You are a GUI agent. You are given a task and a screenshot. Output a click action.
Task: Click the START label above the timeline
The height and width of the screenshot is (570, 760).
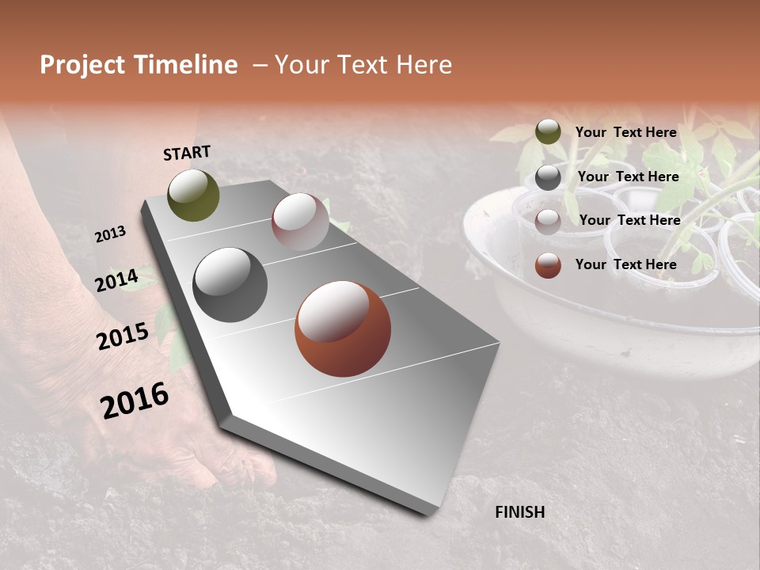point(187,153)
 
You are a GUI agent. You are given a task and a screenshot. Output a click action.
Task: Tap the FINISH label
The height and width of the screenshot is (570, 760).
point(519,512)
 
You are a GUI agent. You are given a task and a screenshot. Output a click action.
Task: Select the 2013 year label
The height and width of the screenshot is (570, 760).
point(110,234)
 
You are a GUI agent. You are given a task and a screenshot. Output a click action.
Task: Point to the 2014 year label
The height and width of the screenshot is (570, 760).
point(116,280)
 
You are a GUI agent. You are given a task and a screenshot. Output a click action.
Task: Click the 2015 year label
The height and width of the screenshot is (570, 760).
point(122,336)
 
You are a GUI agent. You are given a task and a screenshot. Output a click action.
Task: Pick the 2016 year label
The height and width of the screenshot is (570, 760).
point(135,400)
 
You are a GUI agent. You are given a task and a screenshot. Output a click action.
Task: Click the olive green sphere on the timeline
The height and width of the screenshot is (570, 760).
point(193,195)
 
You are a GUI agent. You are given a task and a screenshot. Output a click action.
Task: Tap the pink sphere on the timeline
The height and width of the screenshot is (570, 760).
point(300,222)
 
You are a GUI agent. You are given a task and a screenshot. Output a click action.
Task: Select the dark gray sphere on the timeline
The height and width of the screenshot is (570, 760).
point(230,285)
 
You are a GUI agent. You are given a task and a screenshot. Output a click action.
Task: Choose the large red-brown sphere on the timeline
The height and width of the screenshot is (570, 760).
point(343,329)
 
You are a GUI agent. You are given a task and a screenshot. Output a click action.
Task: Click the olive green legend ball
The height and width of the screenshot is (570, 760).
point(548,132)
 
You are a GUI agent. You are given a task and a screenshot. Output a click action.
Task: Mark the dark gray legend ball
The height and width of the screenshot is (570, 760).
point(548,177)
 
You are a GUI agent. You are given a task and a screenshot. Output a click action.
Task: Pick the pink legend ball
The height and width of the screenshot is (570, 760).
point(548,222)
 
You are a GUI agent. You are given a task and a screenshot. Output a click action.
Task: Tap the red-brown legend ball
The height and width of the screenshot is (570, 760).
point(548,265)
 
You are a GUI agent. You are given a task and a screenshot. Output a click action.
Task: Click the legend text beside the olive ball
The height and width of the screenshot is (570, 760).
point(625,132)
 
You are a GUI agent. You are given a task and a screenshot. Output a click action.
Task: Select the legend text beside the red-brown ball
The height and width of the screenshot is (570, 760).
point(625,264)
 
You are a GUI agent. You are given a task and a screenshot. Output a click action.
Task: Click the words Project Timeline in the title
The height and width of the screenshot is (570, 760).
point(139,65)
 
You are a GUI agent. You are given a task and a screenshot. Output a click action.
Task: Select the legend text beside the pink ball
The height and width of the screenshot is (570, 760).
point(629,220)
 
